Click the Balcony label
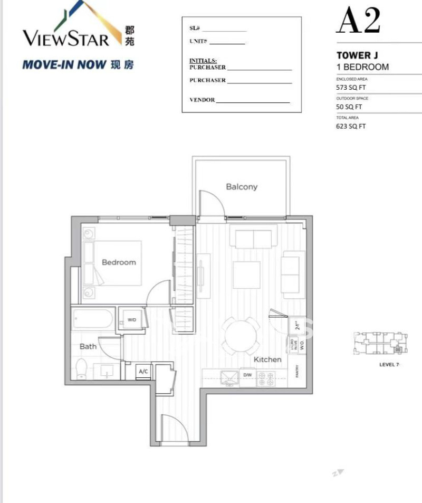242,187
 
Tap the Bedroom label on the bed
119,262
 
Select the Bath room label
88,347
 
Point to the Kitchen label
267,359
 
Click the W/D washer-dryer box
131,320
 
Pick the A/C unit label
143,372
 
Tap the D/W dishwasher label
247,375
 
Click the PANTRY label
298,371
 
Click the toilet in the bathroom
81,368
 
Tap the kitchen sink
228,376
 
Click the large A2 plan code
358,21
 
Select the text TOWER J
357,55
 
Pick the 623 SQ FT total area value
351,127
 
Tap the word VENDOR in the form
202,100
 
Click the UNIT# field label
198,41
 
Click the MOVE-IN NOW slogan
64,65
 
